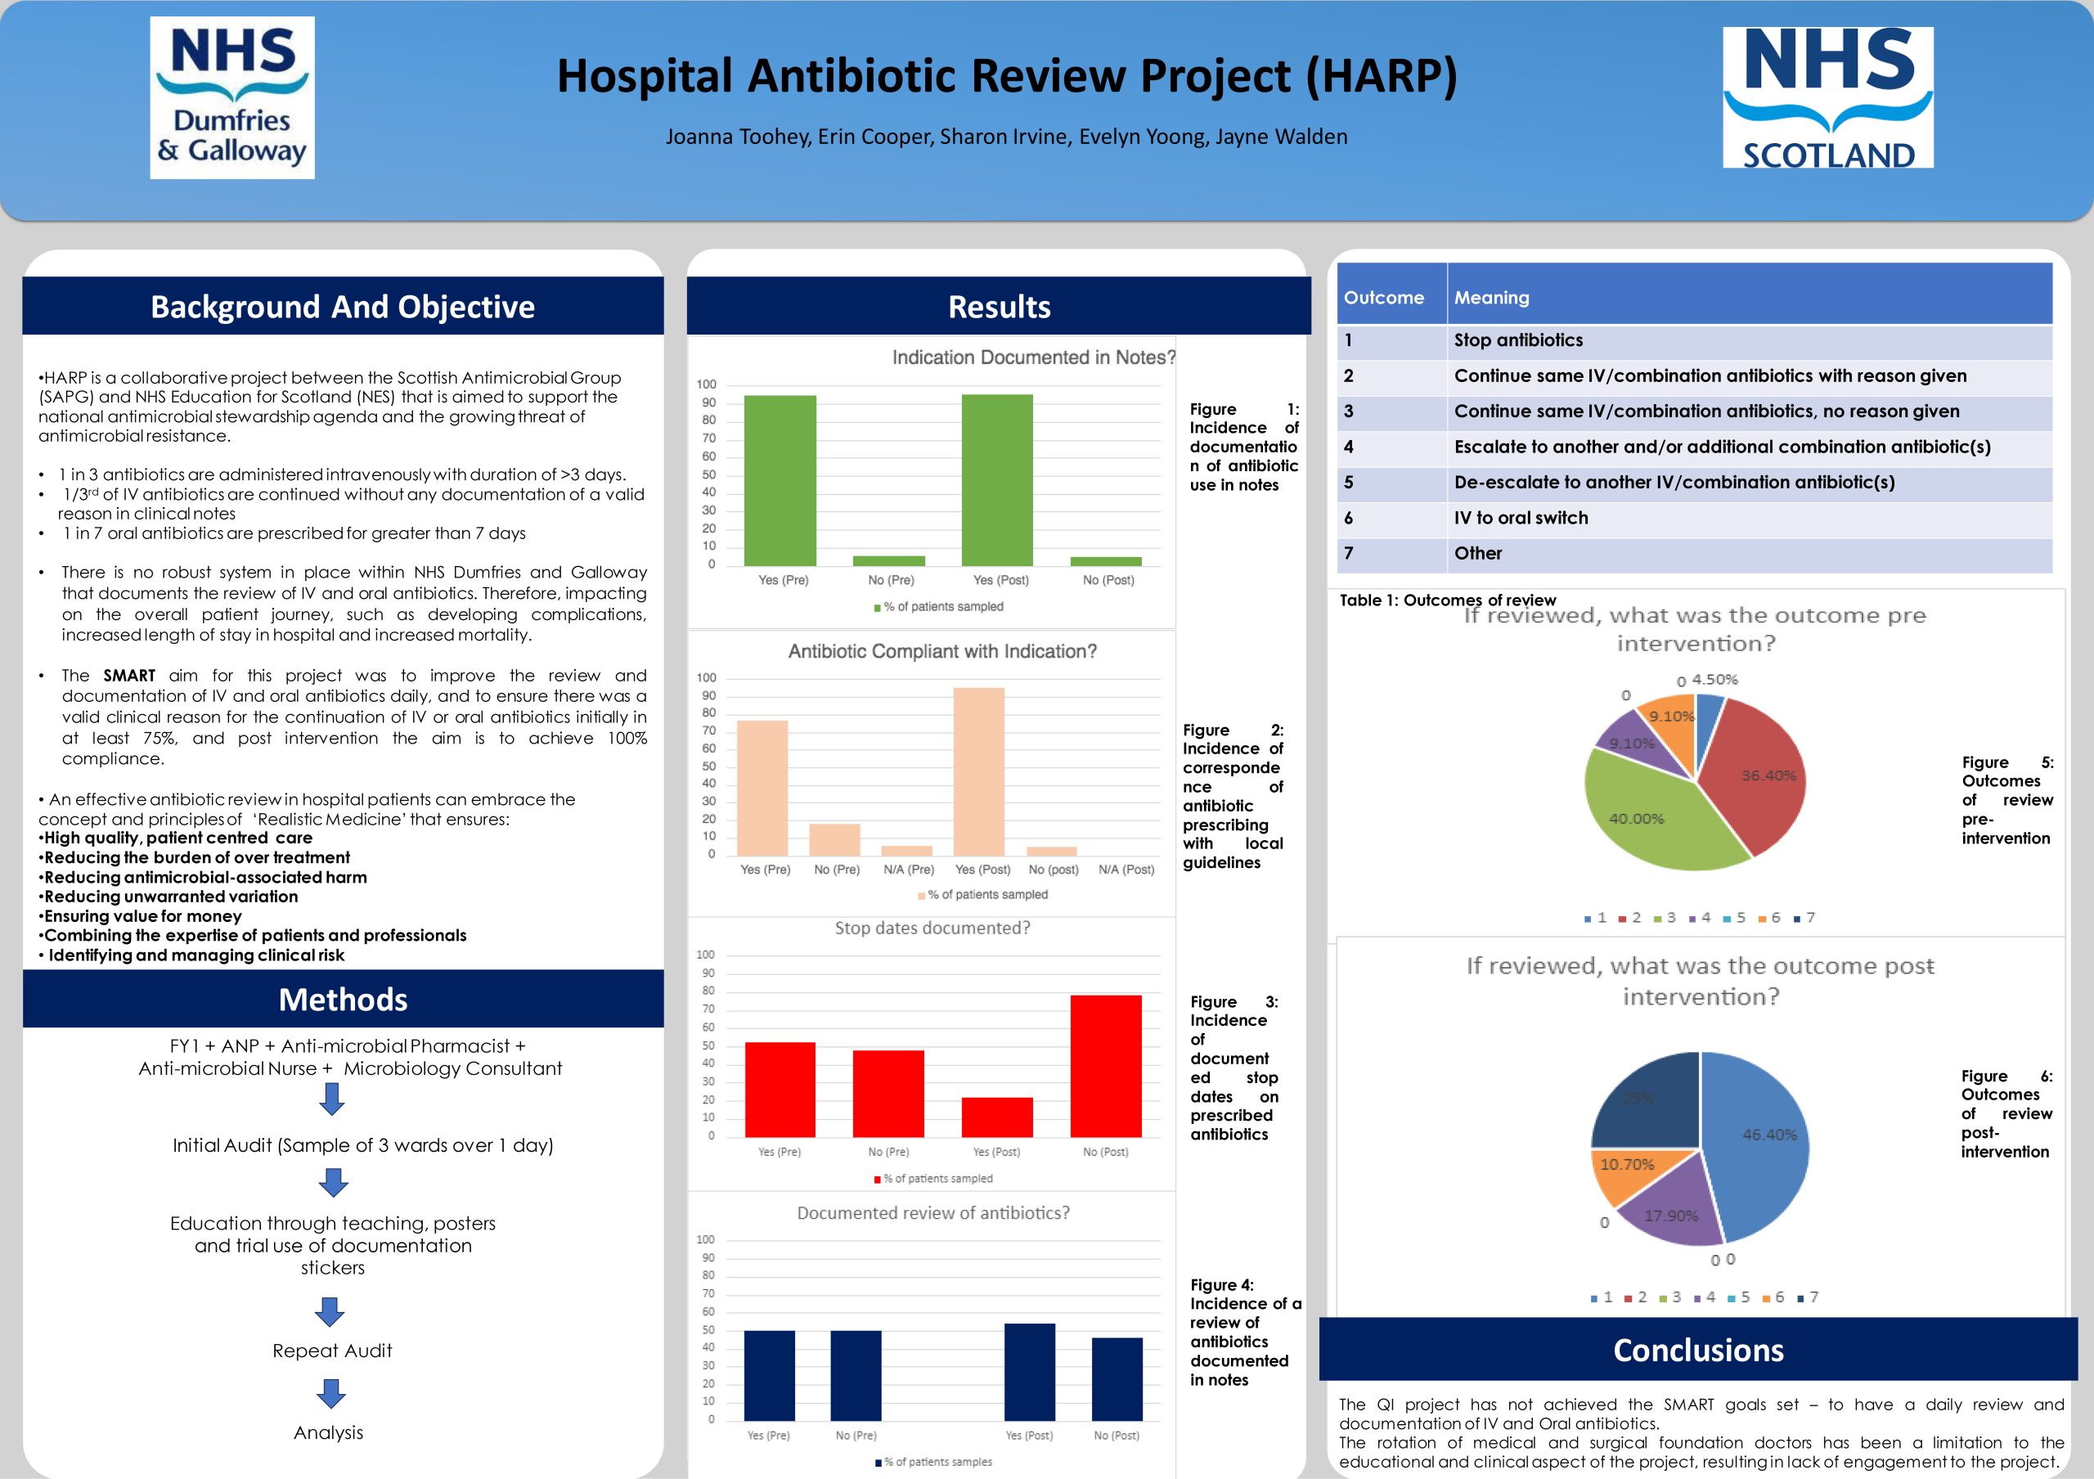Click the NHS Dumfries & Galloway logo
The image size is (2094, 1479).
pos(232,97)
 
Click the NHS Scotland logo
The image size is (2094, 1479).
pos(1827,97)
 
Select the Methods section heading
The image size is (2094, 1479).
pos(343,1000)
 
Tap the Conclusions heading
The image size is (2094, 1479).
pos(1697,1350)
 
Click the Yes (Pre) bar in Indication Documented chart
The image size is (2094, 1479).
pos(780,479)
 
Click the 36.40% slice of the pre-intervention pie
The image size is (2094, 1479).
pos(1755,775)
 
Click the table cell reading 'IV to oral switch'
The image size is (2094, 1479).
pos(1521,518)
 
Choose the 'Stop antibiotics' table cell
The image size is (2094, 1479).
pos(1518,340)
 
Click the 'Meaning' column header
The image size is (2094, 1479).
pos(1491,297)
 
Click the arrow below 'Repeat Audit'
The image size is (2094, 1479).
pos(331,1392)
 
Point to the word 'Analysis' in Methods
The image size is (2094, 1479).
pos(328,1432)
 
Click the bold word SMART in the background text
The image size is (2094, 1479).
pos(129,676)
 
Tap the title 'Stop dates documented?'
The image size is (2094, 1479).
pos(932,928)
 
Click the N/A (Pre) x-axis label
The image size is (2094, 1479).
pos(909,870)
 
